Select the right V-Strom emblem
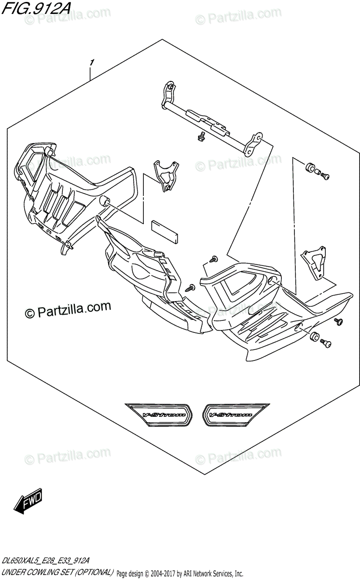pos(235,414)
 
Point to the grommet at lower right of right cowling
pos(315,337)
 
